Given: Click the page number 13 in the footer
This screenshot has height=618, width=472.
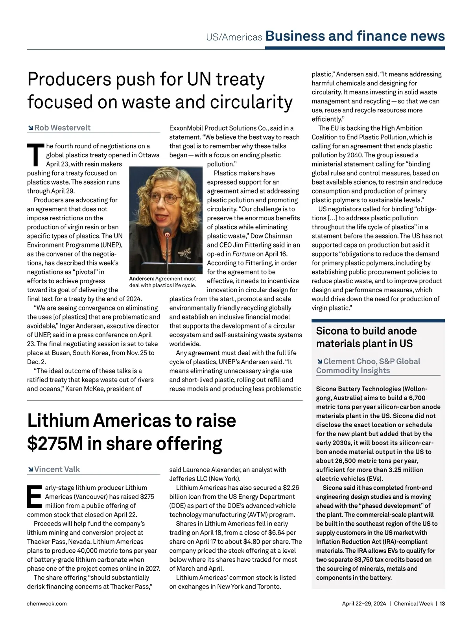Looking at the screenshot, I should coord(442,603).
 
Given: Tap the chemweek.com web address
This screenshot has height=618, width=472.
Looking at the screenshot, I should coord(47,603).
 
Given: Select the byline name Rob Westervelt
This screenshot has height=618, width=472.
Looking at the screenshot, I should coord(63,128).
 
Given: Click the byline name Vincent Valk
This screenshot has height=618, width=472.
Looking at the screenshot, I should coord(57,469).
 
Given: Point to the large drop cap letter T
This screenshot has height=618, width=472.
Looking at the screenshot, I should coord(35,155).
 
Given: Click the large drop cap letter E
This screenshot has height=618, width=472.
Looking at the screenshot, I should coord(34,496).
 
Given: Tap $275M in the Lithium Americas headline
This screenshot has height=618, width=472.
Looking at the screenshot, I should coord(55,443).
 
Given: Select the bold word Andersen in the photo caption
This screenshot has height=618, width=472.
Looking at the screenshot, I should coord(142,279).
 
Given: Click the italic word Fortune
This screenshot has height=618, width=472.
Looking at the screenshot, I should coord(243,254).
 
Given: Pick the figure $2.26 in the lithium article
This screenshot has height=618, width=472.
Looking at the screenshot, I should coord(291,488).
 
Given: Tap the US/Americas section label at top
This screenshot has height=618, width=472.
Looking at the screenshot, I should coord(234,37).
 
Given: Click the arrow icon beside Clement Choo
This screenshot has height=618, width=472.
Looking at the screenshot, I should coord(319,362).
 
